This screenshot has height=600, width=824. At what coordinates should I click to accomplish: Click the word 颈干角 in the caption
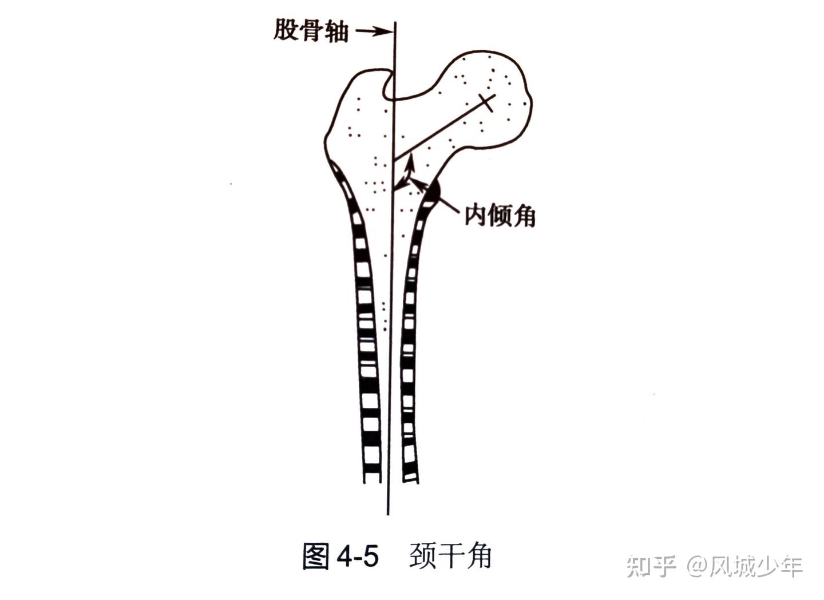pos(451,555)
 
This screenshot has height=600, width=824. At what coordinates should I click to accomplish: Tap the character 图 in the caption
pos(316,556)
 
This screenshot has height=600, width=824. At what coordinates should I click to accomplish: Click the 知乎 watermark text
pos(652,566)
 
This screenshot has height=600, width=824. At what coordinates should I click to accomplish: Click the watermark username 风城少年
pos(756,566)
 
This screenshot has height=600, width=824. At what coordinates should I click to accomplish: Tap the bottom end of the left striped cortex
pos(372,476)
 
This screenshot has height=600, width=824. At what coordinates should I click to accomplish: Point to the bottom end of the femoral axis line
pos(388,512)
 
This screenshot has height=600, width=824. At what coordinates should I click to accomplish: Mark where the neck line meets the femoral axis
pos(393,159)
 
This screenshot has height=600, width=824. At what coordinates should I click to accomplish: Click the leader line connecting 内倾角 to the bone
pos(449,206)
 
